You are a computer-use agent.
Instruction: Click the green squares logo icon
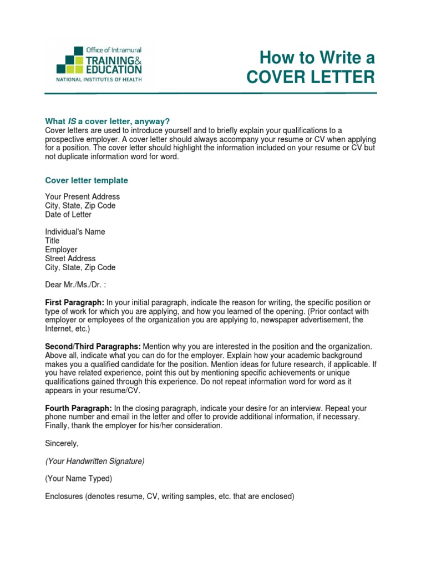pos(70,62)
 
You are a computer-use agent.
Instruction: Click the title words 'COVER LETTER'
pos(311,77)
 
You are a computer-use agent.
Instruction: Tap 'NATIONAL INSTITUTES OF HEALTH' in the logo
pos(99,80)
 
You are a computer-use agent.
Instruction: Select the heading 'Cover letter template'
pos(86,180)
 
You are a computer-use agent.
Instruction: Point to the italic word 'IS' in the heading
pos(72,121)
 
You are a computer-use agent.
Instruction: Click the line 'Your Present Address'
pos(82,197)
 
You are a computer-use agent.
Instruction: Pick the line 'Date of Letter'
pos(68,215)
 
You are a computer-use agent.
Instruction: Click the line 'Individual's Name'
pos(75,232)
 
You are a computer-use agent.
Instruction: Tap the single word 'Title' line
pos(52,241)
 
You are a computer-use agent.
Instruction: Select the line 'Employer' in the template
pos(61,250)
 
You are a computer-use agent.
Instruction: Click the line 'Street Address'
pos(70,258)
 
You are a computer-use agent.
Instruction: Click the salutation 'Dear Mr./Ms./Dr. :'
pos(75,285)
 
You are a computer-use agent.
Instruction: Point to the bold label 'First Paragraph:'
pos(74,302)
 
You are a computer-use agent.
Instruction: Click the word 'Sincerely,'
pos(62,443)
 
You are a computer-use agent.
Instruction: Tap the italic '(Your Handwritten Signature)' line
pos(95,461)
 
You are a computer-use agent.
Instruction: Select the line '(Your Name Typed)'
pos(78,479)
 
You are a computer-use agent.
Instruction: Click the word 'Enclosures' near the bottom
pos(64,496)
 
